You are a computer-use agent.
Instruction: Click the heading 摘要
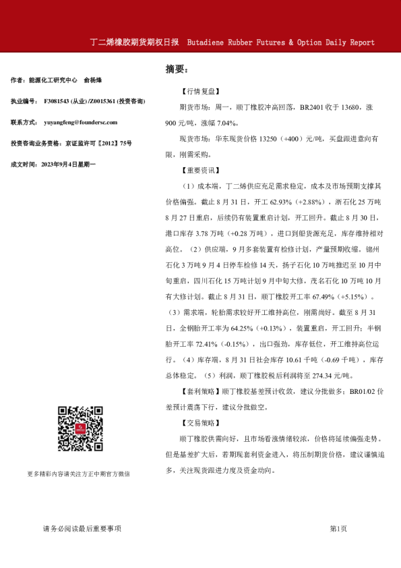coord(177,69)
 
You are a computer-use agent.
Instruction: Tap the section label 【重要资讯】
coord(200,169)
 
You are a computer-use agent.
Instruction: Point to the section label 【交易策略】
coord(200,423)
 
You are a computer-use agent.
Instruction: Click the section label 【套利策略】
coord(200,391)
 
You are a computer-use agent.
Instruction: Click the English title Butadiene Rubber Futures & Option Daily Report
coord(280,42)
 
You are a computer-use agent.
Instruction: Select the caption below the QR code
coord(79,474)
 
